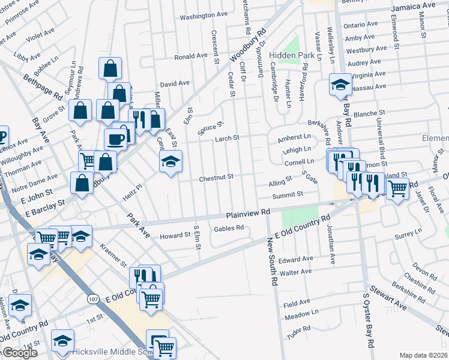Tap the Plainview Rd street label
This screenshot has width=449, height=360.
[249, 213]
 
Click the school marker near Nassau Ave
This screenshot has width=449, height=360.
[340, 85]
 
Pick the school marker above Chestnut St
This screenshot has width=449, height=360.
[170, 161]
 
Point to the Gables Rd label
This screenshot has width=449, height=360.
[228, 228]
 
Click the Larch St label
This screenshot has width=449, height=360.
[228, 139]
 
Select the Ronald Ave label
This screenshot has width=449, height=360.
[191, 56]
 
